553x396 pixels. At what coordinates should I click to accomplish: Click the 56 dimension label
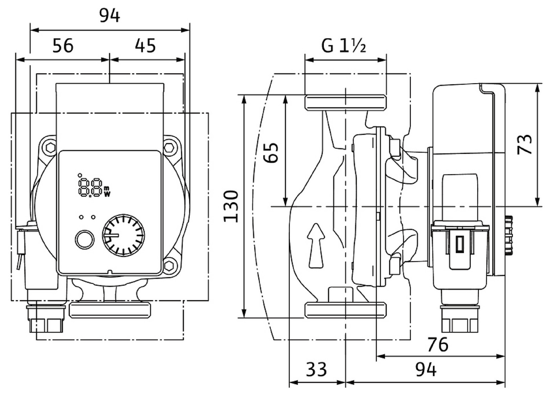(x=63, y=45)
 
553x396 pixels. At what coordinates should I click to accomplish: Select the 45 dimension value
(x=145, y=45)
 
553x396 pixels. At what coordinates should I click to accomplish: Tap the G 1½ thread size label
(x=344, y=45)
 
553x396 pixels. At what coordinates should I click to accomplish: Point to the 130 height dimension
(x=231, y=206)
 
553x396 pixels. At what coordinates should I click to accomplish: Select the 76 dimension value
(x=438, y=344)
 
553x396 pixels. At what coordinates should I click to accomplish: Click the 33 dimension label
(x=316, y=370)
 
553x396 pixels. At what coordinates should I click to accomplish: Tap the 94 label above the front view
(x=109, y=16)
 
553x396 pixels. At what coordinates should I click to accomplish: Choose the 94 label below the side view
(x=426, y=370)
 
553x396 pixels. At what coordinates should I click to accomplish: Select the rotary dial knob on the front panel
(x=123, y=235)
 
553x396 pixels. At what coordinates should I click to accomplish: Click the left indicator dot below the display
(x=81, y=217)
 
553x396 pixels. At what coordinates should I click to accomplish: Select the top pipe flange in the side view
(x=346, y=102)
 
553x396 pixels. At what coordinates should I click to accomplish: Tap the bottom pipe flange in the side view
(x=346, y=310)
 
